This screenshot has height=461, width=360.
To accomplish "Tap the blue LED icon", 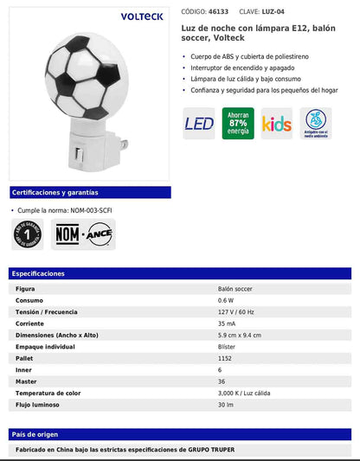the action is point(199,124).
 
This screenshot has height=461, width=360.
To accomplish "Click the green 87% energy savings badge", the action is point(238,124).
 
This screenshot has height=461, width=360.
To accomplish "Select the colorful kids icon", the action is point(277,124).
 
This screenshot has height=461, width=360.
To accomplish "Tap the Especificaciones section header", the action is point(38,273).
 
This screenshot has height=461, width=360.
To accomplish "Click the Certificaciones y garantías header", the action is point(55,192).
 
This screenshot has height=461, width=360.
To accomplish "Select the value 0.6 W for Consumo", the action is point(227,300).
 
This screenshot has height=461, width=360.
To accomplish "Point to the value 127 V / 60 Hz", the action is point(237,311).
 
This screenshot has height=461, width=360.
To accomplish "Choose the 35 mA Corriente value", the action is point(228,323).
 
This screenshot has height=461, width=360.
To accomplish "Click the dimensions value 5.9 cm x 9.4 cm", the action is point(240,335).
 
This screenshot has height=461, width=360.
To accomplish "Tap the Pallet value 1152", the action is point(226,357).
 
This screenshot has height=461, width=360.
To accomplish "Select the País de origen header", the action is point(36,433).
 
